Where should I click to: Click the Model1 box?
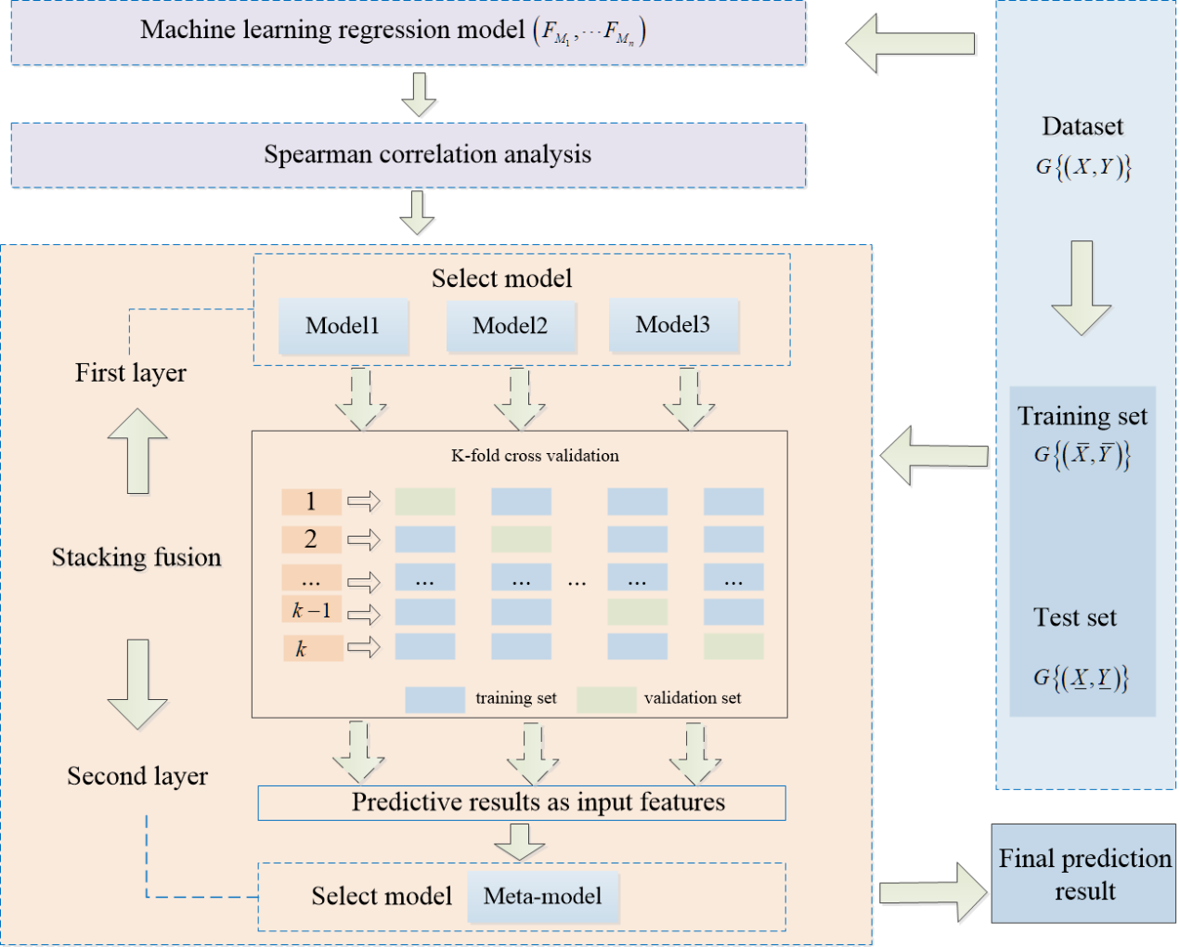click(343, 326)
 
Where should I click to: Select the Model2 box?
click(511, 326)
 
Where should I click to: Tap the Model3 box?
click(673, 325)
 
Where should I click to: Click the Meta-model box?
click(542, 896)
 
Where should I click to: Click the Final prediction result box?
click(1083, 874)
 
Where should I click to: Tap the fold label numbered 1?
click(311, 502)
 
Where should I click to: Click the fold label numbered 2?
click(311, 539)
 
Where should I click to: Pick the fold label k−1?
click(312, 611)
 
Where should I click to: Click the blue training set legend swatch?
click(434, 699)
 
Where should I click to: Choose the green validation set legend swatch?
click(605, 699)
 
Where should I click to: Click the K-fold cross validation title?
click(535, 456)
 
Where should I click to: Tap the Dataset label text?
click(1083, 126)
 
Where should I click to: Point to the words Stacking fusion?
click(136, 557)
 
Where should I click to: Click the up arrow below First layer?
click(137, 451)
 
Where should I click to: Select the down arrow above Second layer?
click(137, 683)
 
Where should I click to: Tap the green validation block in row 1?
click(425, 502)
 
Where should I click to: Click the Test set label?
click(1075, 617)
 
